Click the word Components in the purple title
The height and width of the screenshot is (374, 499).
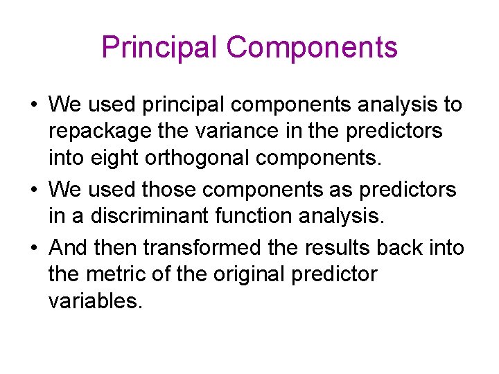click(312, 48)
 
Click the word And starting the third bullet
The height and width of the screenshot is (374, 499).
click(67, 247)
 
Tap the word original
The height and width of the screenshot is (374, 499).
click(244, 274)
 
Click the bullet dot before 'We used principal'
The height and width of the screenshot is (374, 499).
click(33, 105)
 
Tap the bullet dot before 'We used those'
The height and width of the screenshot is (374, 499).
click(33, 190)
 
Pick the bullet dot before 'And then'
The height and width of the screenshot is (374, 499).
click(33, 247)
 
